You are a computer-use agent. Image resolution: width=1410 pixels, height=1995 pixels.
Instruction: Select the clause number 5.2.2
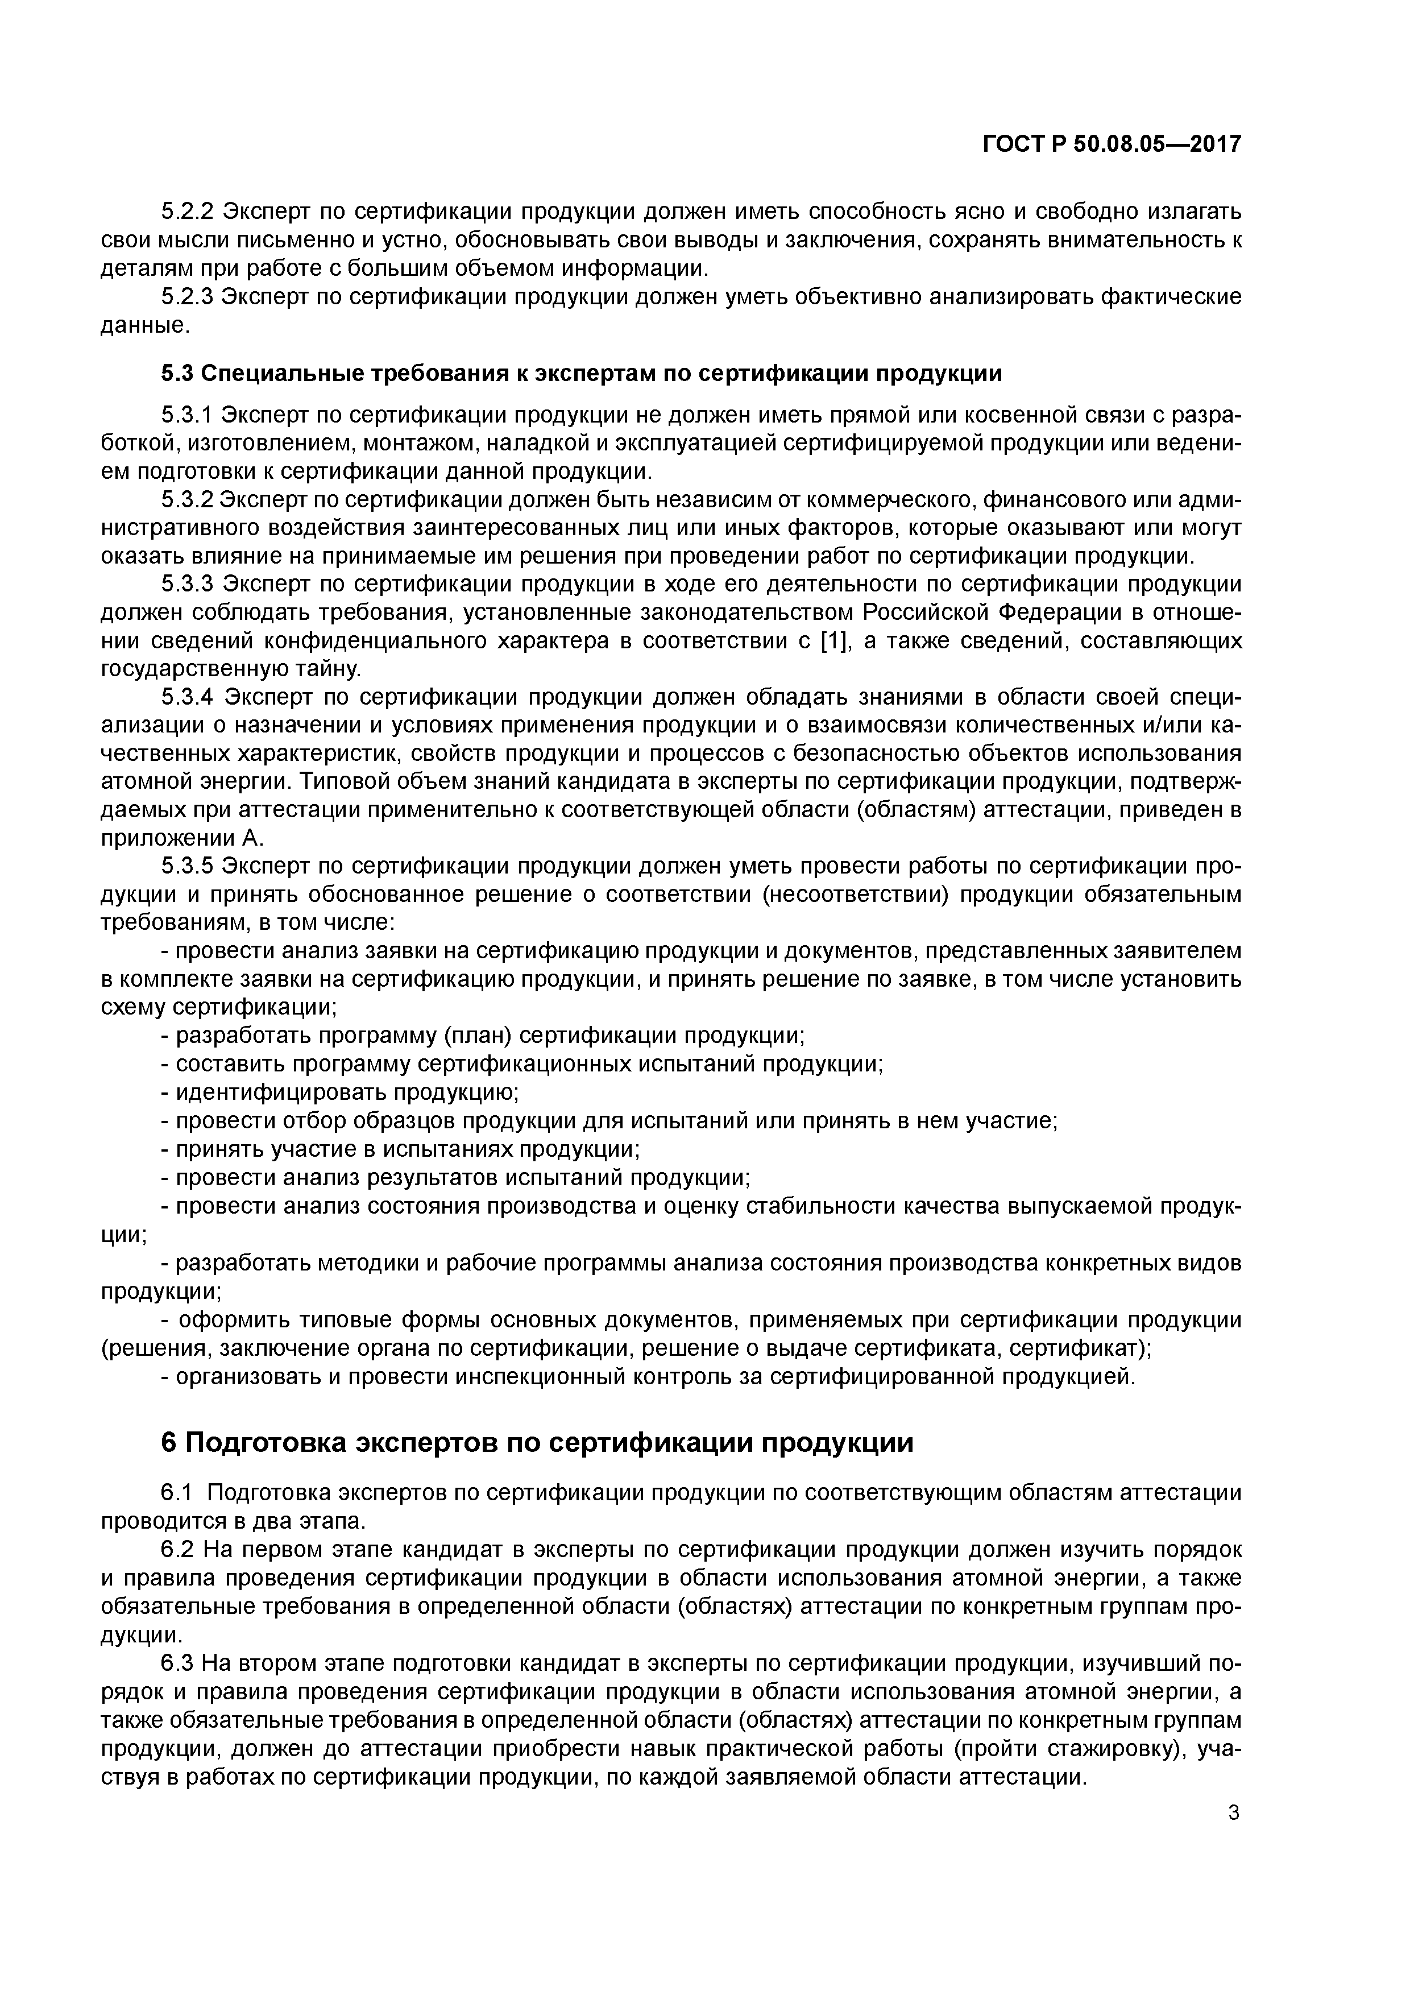coord(187,212)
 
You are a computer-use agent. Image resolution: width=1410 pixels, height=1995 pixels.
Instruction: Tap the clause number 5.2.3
coord(187,298)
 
